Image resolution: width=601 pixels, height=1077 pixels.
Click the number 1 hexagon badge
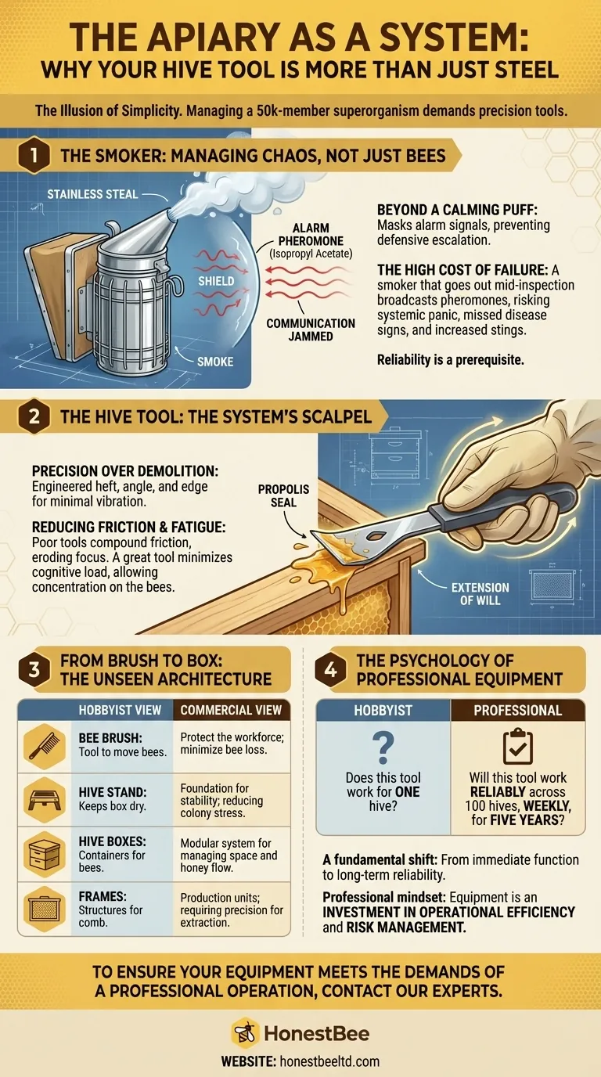point(34,156)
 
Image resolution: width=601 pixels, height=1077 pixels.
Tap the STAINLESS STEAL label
point(92,194)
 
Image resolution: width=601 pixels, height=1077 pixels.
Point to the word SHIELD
point(216,281)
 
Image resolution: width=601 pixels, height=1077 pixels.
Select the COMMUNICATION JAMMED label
point(311,330)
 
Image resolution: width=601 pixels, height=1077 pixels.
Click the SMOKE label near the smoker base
point(215,362)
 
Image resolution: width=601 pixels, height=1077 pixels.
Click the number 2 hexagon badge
point(34,416)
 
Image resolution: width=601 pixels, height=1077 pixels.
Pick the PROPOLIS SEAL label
point(283,495)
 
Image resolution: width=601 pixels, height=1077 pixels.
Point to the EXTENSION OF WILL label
point(480,594)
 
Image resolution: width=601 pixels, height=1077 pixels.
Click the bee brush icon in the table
point(45,746)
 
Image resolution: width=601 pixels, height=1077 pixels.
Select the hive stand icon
point(45,800)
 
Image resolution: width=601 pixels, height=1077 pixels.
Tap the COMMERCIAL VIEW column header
point(232,710)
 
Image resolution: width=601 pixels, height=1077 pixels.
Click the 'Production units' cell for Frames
point(232,910)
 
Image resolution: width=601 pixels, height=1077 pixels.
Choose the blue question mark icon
point(383,747)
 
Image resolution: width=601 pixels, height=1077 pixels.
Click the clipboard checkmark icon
point(518,746)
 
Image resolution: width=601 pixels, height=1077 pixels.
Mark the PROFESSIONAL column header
point(518,710)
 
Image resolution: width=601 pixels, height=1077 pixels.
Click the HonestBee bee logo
point(245,1033)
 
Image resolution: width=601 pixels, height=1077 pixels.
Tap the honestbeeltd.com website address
point(329,1061)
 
